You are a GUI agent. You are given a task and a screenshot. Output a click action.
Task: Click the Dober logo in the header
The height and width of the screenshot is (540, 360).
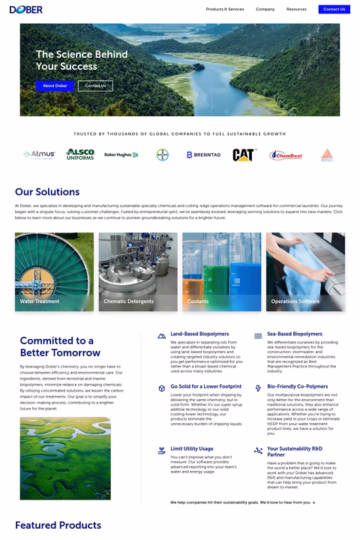(26, 10)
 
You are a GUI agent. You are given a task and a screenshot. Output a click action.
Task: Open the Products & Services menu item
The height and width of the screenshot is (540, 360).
(225, 10)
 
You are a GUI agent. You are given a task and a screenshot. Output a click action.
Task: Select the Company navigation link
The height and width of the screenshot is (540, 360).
(265, 10)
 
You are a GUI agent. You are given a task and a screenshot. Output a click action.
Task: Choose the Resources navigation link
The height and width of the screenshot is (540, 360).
(296, 10)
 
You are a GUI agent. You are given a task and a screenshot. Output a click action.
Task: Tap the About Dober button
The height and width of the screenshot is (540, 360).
(55, 86)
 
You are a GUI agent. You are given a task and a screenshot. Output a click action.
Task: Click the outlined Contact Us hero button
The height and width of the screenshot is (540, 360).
(95, 86)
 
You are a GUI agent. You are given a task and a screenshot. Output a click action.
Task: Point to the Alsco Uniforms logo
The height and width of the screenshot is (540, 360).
(80, 154)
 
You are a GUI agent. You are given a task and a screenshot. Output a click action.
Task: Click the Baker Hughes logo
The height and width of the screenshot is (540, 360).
(121, 155)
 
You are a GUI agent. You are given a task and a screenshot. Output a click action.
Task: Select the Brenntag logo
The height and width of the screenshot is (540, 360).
(204, 155)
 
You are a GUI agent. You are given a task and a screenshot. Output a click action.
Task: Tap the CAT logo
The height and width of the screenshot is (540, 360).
(244, 155)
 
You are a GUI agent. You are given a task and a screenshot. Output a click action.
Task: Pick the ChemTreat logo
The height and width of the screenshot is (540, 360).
(285, 155)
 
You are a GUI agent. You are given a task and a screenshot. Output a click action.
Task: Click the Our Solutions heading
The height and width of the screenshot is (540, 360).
(47, 192)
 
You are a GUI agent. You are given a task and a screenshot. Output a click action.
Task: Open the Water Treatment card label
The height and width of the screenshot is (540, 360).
(40, 301)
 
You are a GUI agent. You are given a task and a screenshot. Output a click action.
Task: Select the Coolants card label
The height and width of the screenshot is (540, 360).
(198, 301)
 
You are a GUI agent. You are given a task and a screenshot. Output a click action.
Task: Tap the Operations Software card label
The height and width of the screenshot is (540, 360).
(295, 301)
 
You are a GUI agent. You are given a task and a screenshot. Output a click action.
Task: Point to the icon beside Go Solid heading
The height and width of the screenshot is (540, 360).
(162, 388)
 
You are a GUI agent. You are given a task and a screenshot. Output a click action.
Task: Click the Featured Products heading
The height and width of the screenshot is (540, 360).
(58, 525)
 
